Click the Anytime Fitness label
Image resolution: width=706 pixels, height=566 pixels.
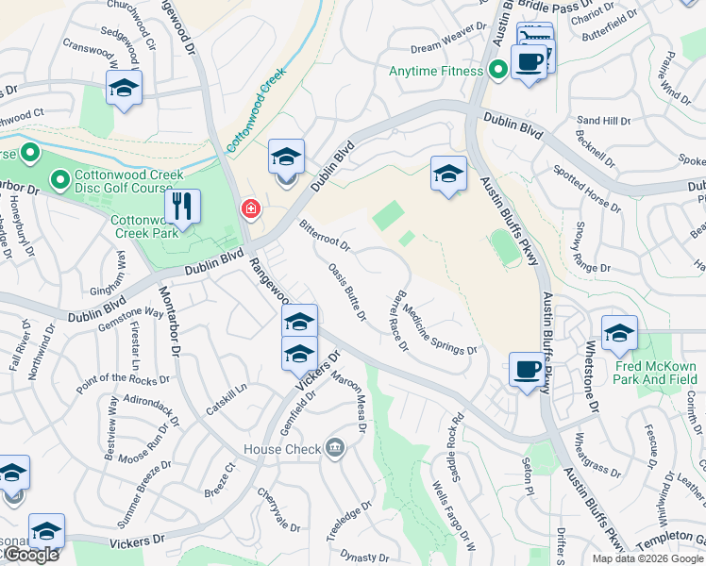pos(436,71)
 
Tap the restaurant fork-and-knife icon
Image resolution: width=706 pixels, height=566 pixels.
pos(182,207)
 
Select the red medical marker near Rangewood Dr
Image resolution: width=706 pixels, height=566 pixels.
pos(250,208)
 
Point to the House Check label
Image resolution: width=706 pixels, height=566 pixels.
pos(282,449)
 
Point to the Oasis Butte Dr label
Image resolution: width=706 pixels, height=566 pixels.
pos(346,291)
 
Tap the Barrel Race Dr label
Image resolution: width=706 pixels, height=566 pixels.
pos(397,321)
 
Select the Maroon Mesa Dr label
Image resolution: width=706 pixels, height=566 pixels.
pos(348,401)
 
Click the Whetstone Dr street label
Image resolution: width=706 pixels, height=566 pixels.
pos(594,378)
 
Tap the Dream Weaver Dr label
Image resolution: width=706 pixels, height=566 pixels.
pos(441,48)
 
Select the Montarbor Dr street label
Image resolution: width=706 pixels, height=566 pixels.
pos(169,321)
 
